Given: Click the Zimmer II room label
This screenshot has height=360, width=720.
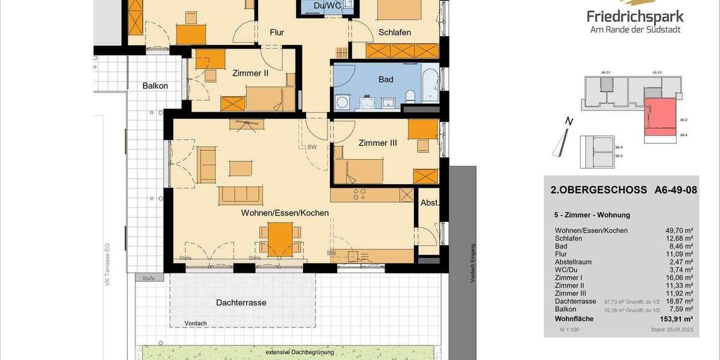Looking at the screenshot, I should pos(250,74).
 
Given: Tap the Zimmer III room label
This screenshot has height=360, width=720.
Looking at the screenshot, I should pos(377,143).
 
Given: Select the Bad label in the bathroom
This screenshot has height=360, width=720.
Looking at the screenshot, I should pos(386,79).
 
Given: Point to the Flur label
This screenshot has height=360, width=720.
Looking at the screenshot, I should pos(277,32).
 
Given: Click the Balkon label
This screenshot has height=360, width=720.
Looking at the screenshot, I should pos(155,86).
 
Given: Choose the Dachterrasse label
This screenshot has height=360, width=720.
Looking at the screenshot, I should pos(241,302).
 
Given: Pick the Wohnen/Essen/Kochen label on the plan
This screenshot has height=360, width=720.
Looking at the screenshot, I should pos(284,213).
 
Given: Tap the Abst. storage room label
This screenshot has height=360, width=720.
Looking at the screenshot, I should pos(430,203).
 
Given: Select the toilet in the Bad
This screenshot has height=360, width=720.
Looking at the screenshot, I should pos(411,96).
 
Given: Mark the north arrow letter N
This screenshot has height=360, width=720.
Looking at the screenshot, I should pos(569,122).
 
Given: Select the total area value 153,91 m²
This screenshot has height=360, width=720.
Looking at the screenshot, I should pos(675,319).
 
